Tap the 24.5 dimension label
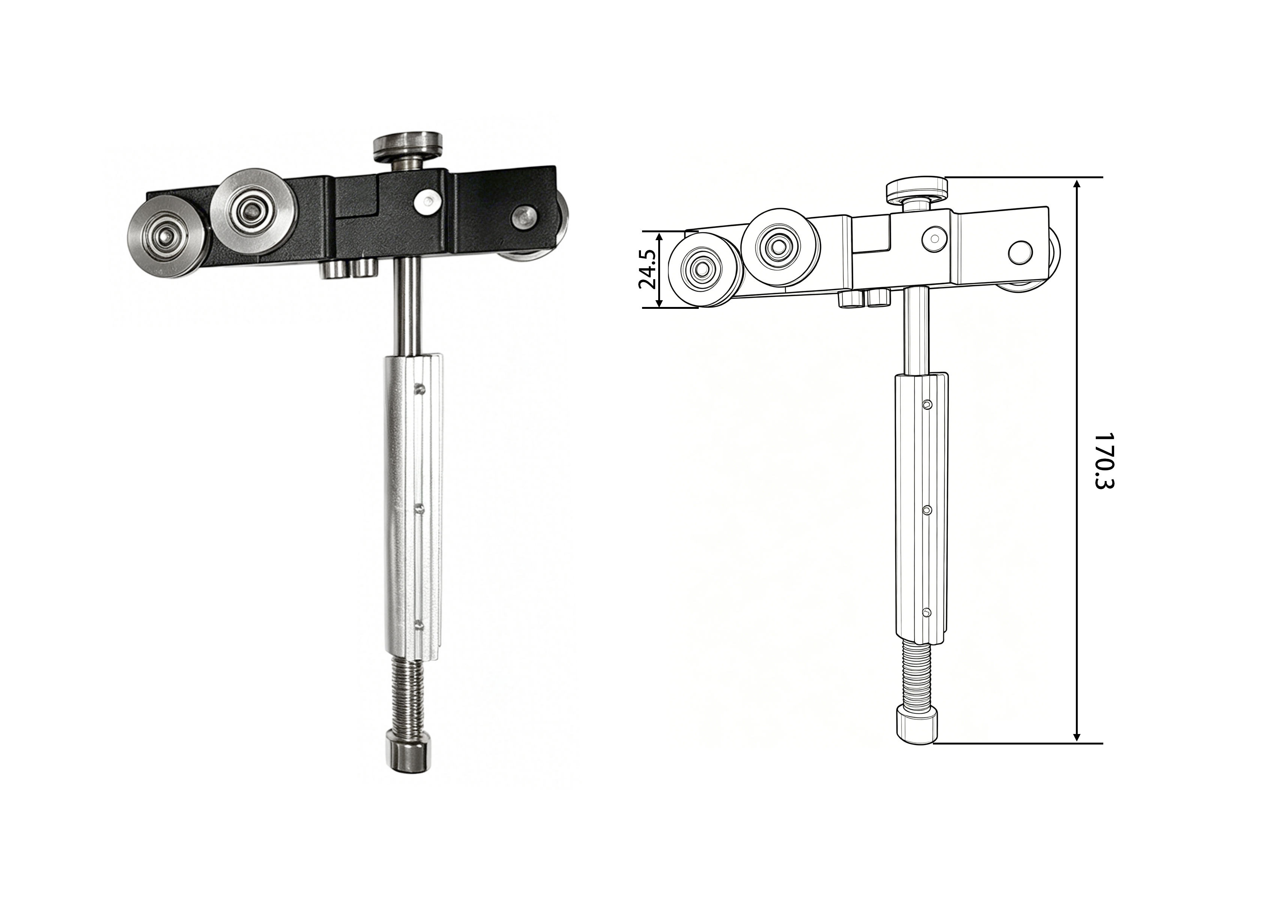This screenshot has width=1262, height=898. (x=647, y=269)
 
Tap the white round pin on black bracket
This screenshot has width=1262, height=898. (x=427, y=202)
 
